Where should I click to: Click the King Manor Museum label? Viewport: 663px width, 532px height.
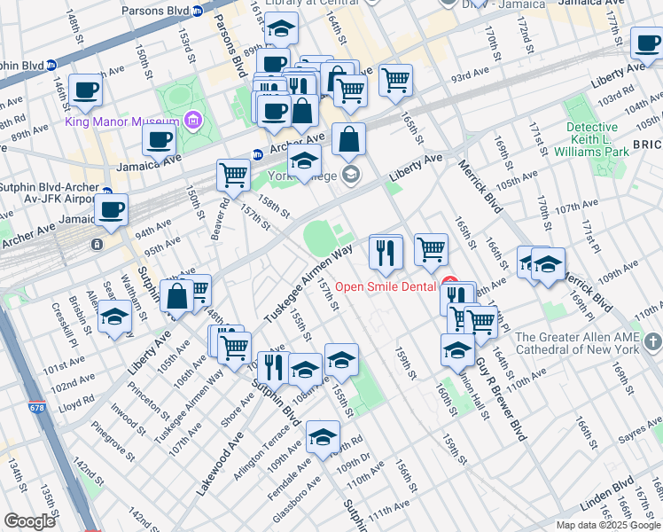pos(122,121)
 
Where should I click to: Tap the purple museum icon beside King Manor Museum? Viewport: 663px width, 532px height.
pos(193,121)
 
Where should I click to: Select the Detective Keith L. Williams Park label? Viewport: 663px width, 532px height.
pos(597,139)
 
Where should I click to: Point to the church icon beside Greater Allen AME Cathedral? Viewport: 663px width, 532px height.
pos(653,342)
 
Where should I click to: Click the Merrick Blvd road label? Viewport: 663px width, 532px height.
pos(477,185)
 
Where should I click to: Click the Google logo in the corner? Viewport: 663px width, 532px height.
pos(29,521)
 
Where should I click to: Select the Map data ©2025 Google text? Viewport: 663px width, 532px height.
pos(607,525)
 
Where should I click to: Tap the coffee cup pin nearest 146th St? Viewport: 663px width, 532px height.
pos(86,89)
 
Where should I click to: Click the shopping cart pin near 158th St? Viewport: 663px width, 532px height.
pos(233,174)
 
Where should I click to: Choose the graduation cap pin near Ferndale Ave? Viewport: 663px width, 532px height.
pos(323,434)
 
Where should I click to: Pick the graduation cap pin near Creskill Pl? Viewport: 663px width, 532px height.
pos(114,316)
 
